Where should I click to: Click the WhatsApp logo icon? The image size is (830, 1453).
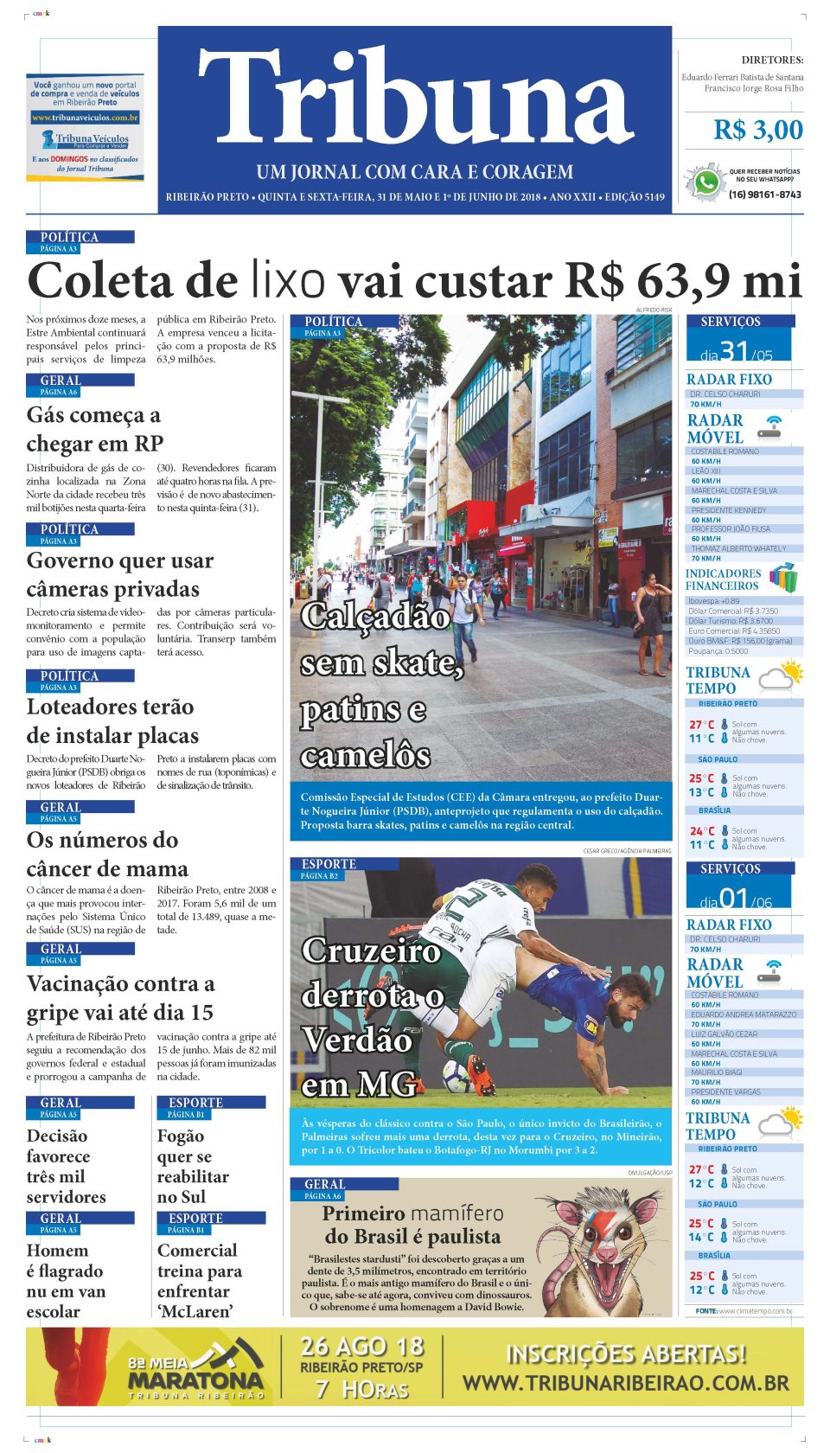[706, 183]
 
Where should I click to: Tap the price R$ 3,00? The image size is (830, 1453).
[757, 131]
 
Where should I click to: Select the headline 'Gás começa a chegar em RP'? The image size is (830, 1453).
[94, 429]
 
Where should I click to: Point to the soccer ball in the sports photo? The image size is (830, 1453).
[458, 1075]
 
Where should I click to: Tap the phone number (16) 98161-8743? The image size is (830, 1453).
[764, 195]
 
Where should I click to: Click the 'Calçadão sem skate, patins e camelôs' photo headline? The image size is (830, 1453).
[380, 685]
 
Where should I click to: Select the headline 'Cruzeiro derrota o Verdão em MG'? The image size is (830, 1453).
[372, 1017]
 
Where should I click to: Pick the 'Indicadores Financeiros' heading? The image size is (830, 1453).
[723, 579]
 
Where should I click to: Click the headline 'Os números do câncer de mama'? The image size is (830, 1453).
[107, 855]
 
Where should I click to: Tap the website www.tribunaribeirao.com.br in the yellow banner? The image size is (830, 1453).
[625, 1383]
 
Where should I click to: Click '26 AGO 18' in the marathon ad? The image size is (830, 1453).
[362, 1347]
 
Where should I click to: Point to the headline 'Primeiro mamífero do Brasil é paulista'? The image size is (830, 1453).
[412, 1225]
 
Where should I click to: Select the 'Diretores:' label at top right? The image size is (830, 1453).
[772, 61]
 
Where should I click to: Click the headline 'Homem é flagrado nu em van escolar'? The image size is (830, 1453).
[66, 1281]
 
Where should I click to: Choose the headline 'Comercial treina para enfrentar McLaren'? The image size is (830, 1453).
[200, 1281]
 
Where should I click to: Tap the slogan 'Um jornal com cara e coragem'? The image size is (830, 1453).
[415, 172]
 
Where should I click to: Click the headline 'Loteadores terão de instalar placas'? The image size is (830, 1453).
[112, 721]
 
